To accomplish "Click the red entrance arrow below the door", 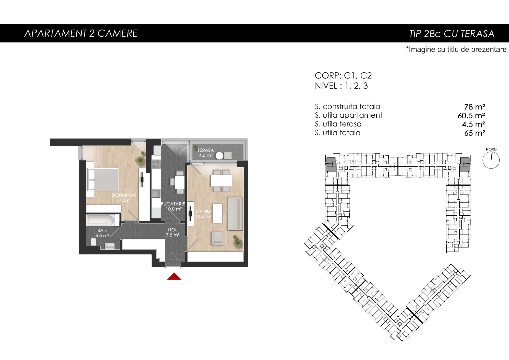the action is pyautogui.click(x=174, y=276).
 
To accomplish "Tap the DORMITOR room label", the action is pyautogui.click(x=124, y=195).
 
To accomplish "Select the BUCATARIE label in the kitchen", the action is pyautogui.click(x=173, y=204).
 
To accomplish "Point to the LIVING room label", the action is pyautogui.click(x=203, y=211).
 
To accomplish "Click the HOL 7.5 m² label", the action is pyautogui.click(x=173, y=232).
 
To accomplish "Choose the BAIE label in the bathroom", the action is pyautogui.click(x=102, y=230).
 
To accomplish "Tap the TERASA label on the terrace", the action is pyautogui.click(x=206, y=150).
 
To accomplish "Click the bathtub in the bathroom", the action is pyautogui.click(x=103, y=220).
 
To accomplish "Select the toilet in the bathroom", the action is pyautogui.click(x=93, y=242).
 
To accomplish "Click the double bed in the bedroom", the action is pyautogui.click(x=103, y=179).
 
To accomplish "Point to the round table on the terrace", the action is pyautogui.click(x=219, y=156).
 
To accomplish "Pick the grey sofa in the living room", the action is pyautogui.click(x=235, y=214).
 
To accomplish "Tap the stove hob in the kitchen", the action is pyautogui.click(x=156, y=164).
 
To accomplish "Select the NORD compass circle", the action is pyautogui.click(x=491, y=160).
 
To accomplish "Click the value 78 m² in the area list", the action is pyautogui.click(x=475, y=107).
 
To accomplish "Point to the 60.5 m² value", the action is pyautogui.click(x=471, y=116).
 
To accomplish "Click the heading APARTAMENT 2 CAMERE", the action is pyautogui.click(x=81, y=33).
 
